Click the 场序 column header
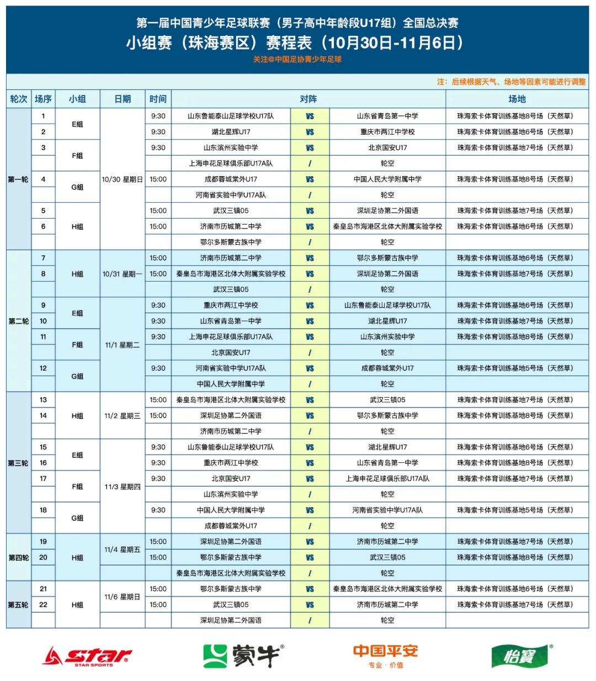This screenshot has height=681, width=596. [x=43, y=99]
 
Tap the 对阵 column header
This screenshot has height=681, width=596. [x=308, y=99]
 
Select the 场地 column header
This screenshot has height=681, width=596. [x=517, y=99]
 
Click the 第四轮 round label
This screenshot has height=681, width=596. [x=19, y=557]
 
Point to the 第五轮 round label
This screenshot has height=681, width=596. [x=19, y=605]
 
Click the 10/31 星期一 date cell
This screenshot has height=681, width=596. [x=122, y=274]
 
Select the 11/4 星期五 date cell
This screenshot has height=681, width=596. [x=122, y=550]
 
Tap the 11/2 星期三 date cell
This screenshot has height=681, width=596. [x=122, y=416]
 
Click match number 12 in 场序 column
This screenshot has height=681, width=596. [x=43, y=368]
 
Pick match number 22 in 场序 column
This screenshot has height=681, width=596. [x=43, y=605]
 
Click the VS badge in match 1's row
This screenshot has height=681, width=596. [x=310, y=117]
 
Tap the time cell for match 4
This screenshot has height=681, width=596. [x=158, y=180]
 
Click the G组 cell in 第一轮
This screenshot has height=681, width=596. [x=77, y=187]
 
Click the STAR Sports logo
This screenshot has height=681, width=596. [x=87, y=656]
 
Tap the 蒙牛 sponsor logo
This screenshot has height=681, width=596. [x=243, y=656]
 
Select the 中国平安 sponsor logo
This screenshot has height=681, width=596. [x=385, y=656]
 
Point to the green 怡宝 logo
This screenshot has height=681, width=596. [x=521, y=656]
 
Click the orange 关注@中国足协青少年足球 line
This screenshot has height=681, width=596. [x=297, y=60]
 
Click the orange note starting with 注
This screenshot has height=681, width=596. [x=511, y=82]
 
